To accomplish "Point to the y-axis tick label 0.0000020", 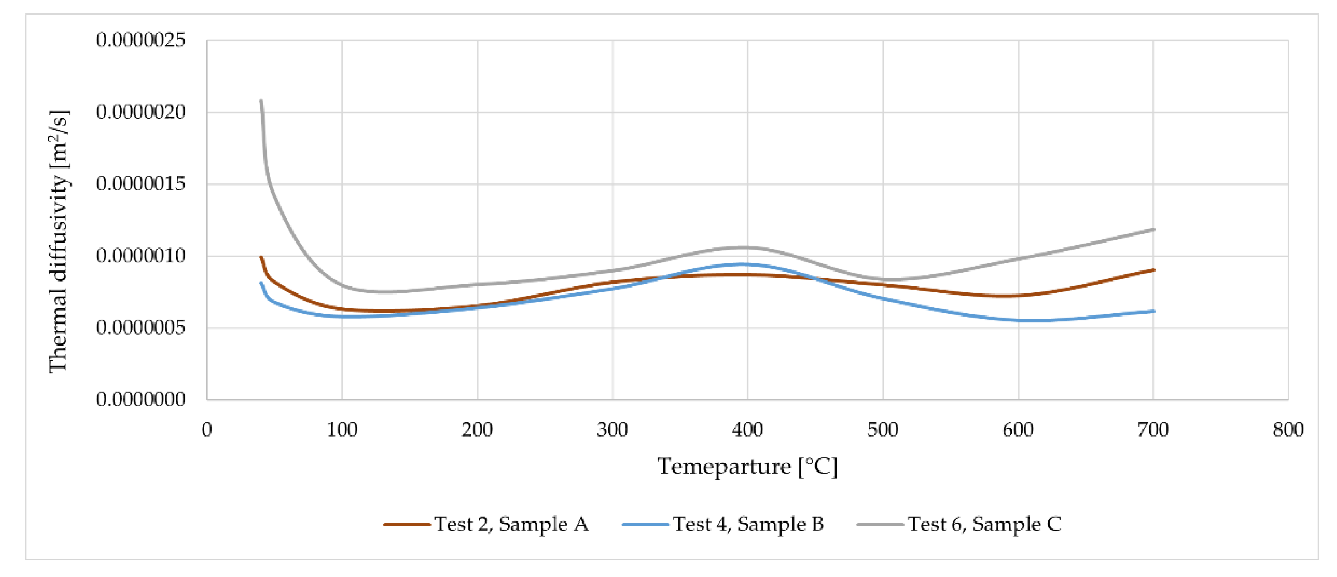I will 141,112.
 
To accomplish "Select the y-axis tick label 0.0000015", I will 141,184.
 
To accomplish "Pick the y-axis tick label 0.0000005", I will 141,328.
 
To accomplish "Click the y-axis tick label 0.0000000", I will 141,400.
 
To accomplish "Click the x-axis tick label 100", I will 342,430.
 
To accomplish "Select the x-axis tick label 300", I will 613,430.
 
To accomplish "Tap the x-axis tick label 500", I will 883,430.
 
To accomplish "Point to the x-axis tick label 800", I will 1288,430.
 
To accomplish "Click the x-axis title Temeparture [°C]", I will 747,466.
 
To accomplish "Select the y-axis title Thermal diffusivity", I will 58,241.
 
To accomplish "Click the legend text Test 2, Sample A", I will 511,525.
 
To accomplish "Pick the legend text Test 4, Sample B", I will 748,525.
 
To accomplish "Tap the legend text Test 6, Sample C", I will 985,525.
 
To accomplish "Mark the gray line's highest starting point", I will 261,101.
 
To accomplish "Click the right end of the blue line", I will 1153,311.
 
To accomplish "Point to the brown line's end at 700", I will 1153,270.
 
